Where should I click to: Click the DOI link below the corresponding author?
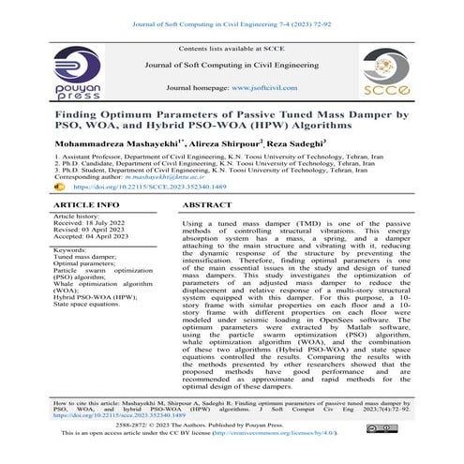[x=131, y=188]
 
